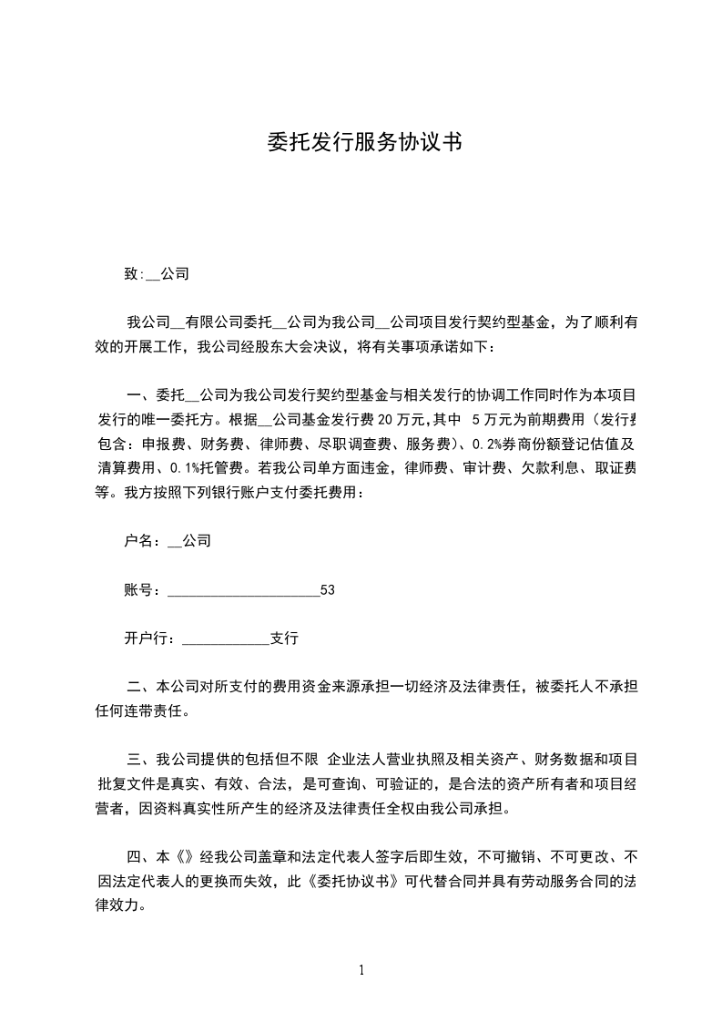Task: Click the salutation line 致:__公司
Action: pyautogui.click(x=156, y=272)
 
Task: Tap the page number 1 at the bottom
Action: pyautogui.click(x=361, y=970)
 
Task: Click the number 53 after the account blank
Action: pyautogui.click(x=328, y=590)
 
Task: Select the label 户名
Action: pyautogui.click(x=138, y=541)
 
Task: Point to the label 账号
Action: pyautogui.click(x=138, y=590)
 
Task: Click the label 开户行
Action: pyautogui.click(x=146, y=639)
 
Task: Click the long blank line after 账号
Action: pyautogui.click(x=244, y=592)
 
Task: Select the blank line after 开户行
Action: pyautogui.click(x=227, y=640)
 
